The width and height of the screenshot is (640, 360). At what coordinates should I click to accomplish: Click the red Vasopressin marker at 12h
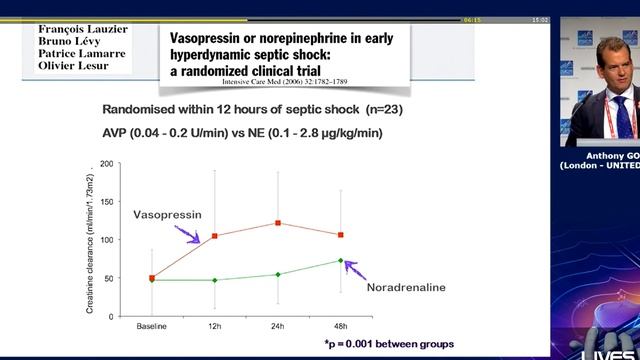(x=215, y=236)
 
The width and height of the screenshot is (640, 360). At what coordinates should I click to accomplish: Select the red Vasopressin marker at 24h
(x=278, y=223)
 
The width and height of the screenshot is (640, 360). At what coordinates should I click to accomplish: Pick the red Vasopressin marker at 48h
(x=341, y=235)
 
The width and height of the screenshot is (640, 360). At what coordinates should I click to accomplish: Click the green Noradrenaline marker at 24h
(x=278, y=274)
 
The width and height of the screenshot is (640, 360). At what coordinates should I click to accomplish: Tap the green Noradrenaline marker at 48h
(x=341, y=260)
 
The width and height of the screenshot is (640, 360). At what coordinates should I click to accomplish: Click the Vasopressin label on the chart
(x=167, y=215)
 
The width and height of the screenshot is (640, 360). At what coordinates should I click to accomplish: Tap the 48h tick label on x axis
(x=341, y=327)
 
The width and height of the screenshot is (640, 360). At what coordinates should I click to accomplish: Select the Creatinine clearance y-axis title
(x=90, y=240)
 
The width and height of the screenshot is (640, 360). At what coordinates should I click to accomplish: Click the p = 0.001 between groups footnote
(x=388, y=343)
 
